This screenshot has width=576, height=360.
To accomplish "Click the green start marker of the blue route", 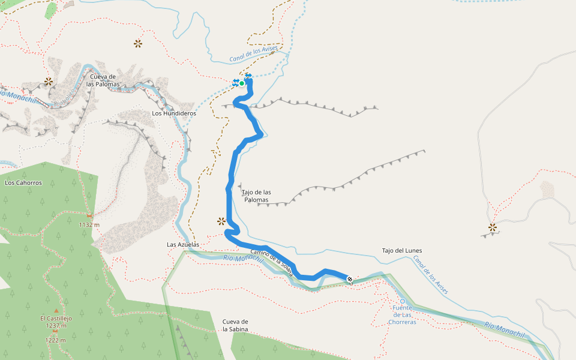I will [x=242, y=83].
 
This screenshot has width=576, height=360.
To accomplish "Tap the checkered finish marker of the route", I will [x=350, y=279].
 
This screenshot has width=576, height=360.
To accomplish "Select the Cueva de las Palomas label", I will [x=103, y=80].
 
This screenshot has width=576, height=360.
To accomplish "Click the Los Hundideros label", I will [x=174, y=113].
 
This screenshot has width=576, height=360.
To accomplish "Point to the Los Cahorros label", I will [x=23, y=182].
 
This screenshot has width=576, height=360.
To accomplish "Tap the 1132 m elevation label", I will [x=89, y=225].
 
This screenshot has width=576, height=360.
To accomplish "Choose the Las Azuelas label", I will [x=182, y=245].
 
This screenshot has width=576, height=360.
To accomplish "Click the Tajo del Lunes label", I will [x=402, y=250].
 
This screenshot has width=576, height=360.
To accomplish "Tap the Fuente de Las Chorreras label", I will [x=402, y=315].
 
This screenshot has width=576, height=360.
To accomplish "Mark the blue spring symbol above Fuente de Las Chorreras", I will [x=403, y=301].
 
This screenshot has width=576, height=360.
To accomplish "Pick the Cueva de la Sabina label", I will [x=235, y=325].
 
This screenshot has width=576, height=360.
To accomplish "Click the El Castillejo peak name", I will [x=56, y=319].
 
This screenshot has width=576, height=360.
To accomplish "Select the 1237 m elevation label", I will [x=56, y=325].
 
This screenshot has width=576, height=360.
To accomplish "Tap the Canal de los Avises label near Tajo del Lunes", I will [x=430, y=275].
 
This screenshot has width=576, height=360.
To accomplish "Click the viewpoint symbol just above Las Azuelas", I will [x=221, y=221].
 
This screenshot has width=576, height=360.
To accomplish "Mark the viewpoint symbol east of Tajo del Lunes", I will [x=493, y=227].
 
